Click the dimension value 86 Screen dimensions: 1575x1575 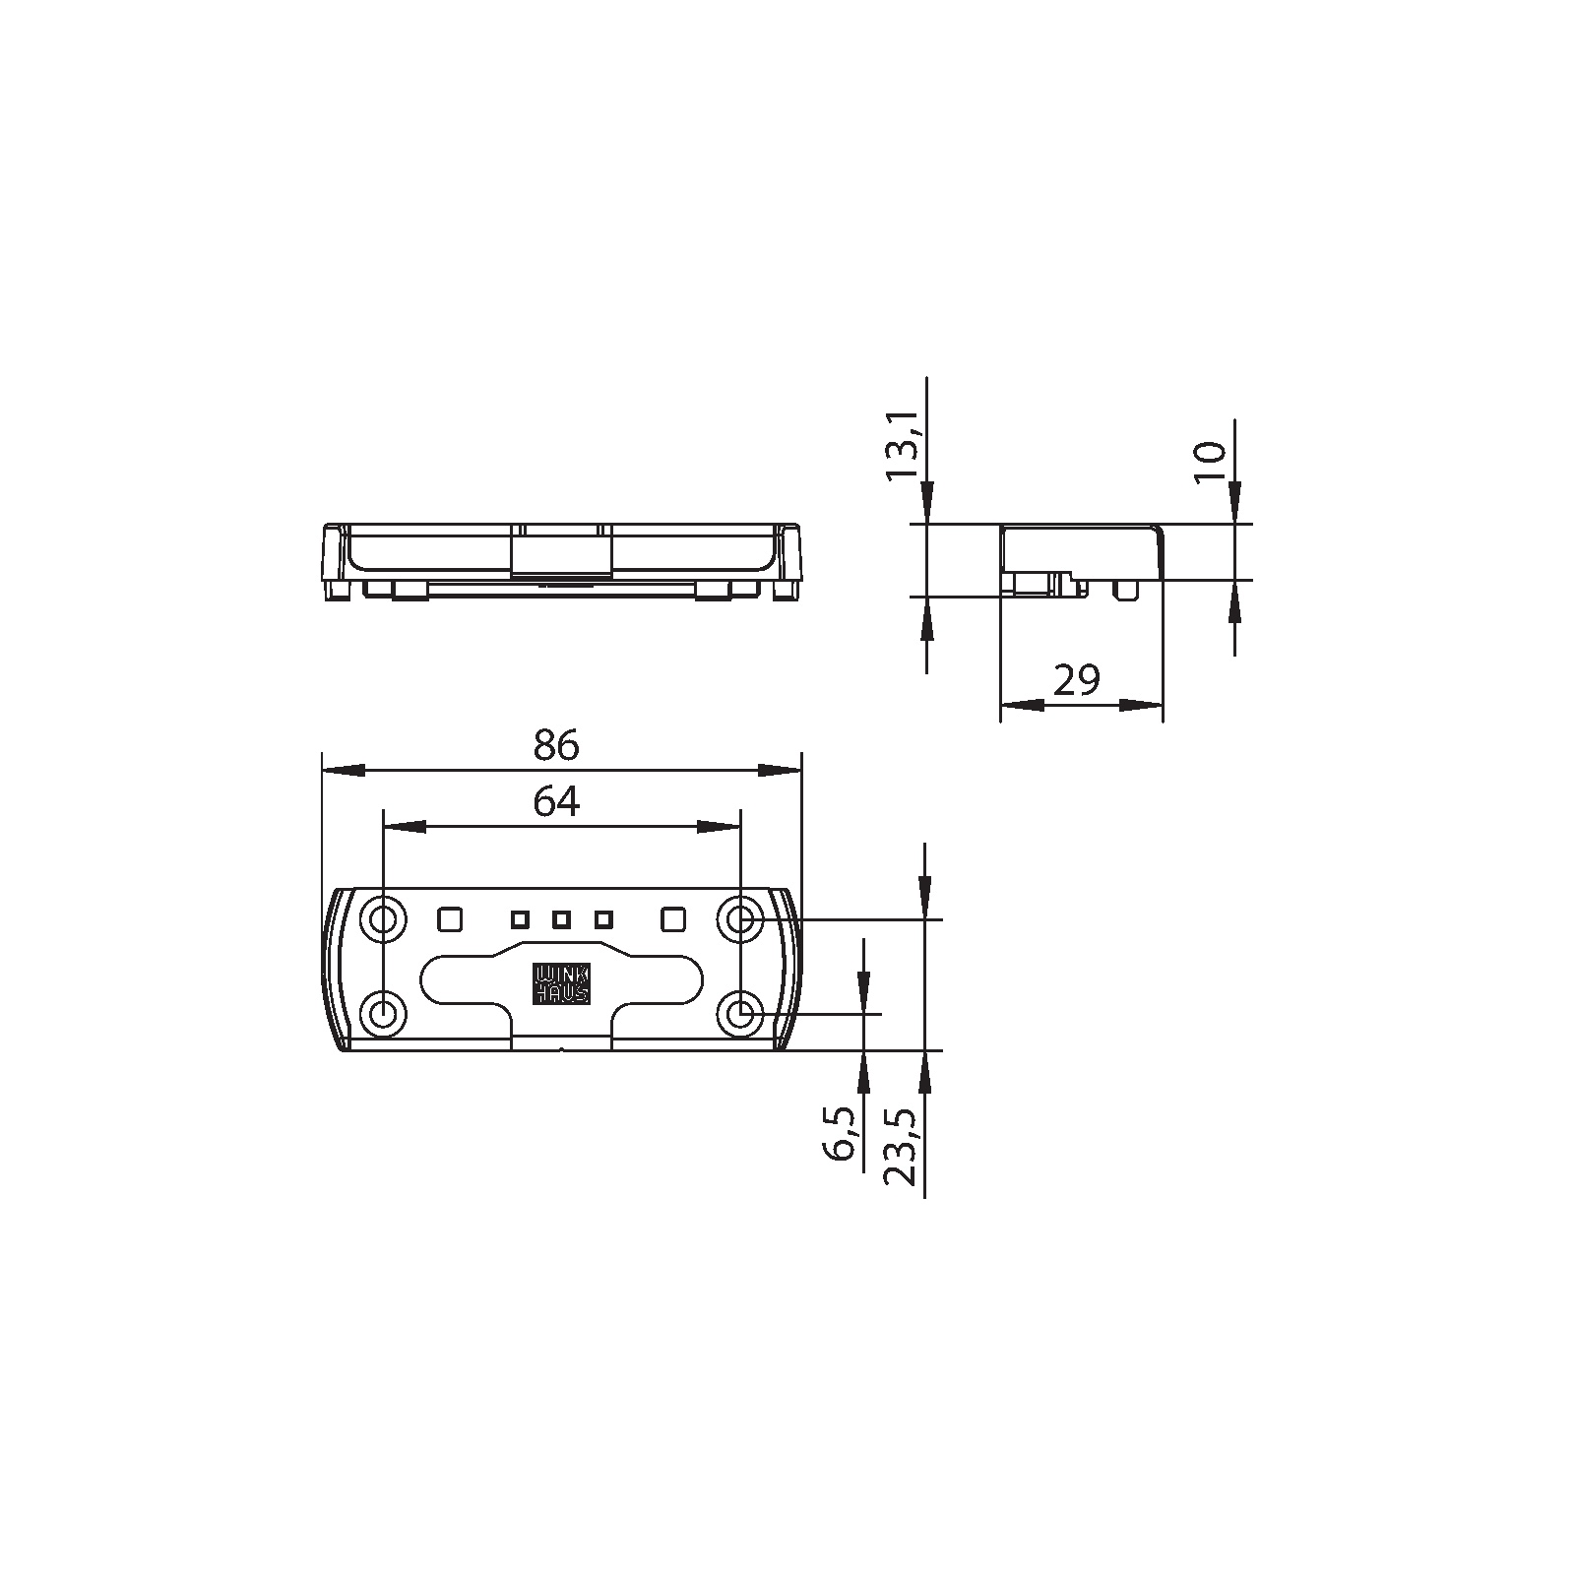coord(556,746)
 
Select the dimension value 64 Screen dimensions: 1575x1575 coord(556,803)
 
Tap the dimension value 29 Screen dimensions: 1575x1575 coord(1076,680)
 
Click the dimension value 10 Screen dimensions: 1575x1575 coord(1210,461)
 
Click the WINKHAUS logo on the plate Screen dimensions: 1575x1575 coord(561,983)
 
